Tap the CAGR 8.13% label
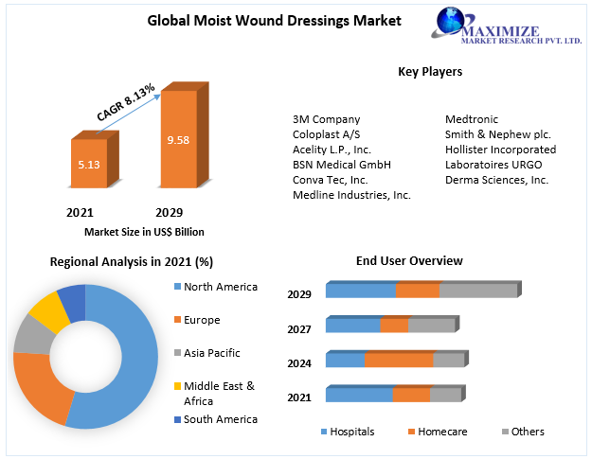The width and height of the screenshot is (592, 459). click(126, 102)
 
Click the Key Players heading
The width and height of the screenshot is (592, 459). click(430, 71)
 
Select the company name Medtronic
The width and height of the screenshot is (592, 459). click(472, 119)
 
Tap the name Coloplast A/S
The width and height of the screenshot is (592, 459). click(327, 134)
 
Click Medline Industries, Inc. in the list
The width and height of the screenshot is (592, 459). click(351, 195)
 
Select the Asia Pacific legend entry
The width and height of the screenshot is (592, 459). click(211, 353)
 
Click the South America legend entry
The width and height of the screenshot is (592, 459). click(220, 419)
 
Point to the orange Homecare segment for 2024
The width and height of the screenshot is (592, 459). click(399, 360)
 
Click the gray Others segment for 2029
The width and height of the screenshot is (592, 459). click(478, 291)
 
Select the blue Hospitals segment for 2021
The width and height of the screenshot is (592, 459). click(359, 395)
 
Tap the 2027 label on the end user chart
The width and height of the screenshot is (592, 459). click(299, 328)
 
